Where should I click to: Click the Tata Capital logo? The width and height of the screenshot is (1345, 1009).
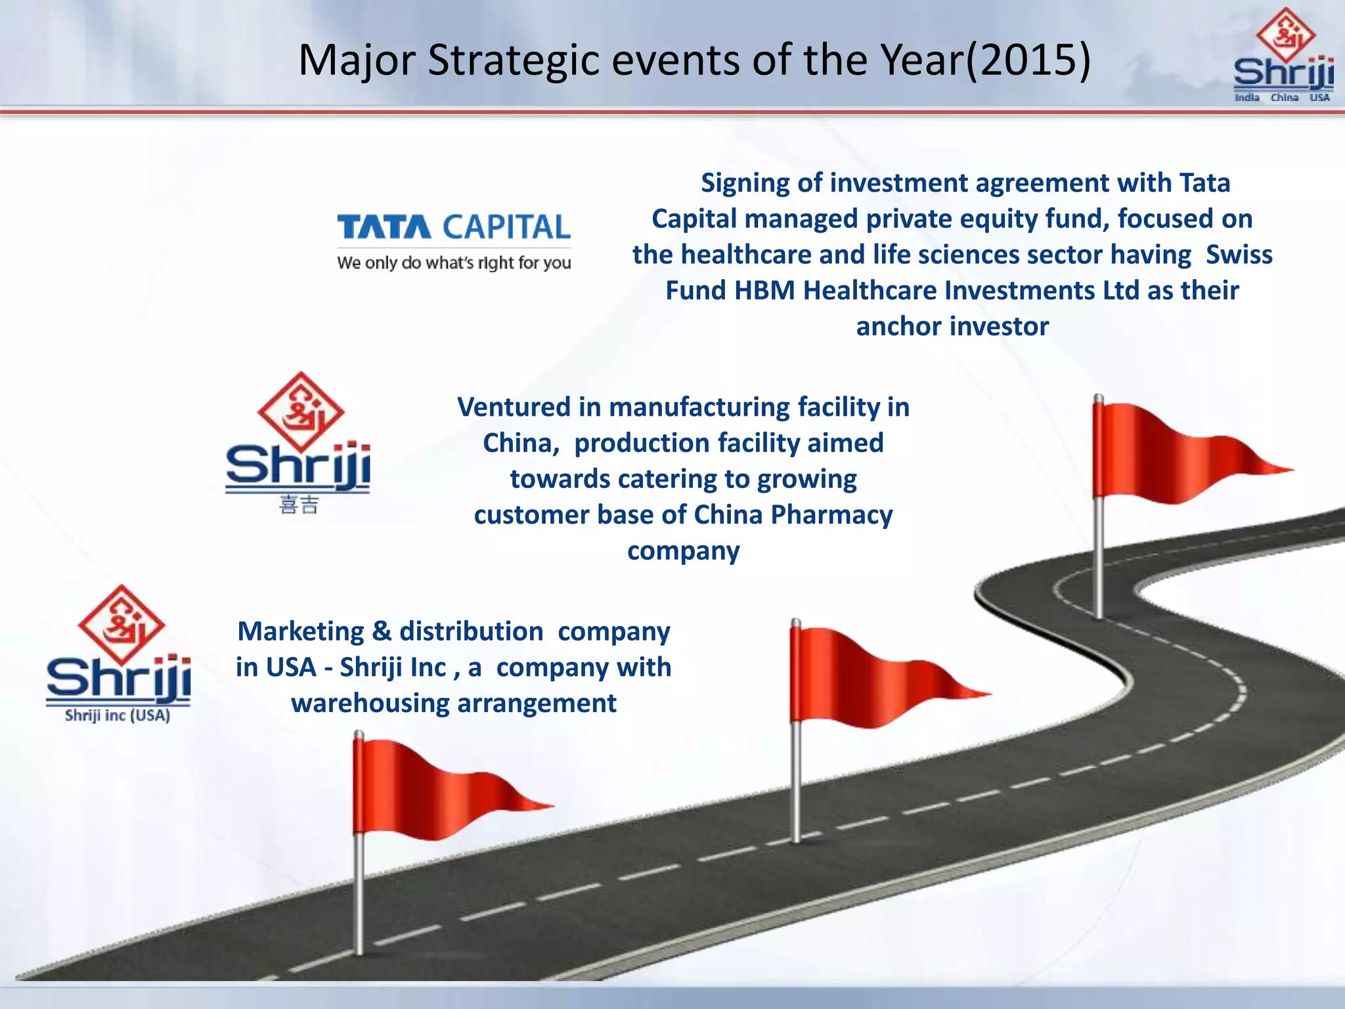point(453,227)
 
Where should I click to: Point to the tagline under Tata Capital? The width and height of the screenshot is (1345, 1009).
point(453,263)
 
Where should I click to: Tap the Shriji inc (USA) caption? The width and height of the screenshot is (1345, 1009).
point(118,716)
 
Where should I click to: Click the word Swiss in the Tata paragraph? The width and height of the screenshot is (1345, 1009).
point(1239,255)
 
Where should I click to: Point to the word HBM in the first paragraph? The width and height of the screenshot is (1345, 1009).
point(764,290)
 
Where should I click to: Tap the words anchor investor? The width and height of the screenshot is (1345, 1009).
point(952,326)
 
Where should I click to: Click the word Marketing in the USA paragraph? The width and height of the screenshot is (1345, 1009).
point(300,631)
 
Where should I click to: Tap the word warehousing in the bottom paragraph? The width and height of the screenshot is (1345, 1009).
point(370,704)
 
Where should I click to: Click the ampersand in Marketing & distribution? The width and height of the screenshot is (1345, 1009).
point(382,631)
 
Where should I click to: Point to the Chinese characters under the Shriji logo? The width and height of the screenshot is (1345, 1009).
point(299,505)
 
